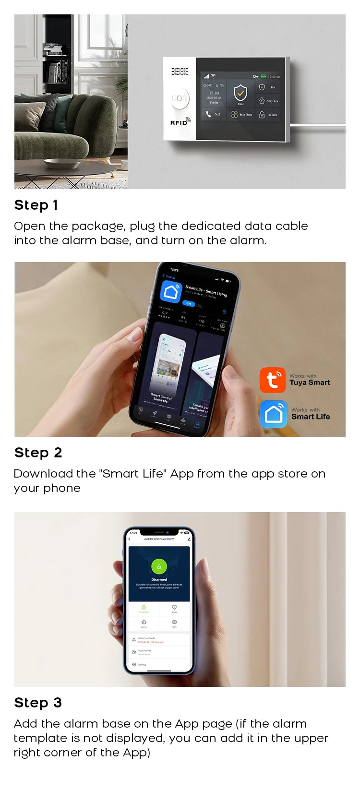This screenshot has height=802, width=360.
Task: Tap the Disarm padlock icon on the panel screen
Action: (x=262, y=115)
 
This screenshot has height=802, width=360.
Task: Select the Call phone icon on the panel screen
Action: (x=208, y=114)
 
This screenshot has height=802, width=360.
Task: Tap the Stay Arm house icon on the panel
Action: (x=262, y=101)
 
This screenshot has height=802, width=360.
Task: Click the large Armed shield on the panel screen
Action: (x=240, y=92)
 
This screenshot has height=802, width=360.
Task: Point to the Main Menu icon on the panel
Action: (x=234, y=115)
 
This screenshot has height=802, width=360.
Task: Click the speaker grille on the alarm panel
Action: (x=180, y=72)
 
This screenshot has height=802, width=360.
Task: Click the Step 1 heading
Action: (x=36, y=205)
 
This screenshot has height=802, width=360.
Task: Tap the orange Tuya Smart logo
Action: (x=273, y=380)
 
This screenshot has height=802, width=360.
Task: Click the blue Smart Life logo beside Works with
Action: (x=274, y=414)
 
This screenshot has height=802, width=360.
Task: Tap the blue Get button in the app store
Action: (x=189, y=303)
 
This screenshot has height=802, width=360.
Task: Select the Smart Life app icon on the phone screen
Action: (x=171, y=291)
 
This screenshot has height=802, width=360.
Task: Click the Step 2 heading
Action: (x=38, y=453)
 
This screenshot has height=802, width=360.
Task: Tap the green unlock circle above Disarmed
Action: (x=159, y=566)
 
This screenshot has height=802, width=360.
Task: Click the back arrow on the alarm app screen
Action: (x=129, y=539)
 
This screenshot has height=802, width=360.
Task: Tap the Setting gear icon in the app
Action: (x=134, y=664)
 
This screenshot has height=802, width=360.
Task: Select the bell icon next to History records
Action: (x=134, y=640)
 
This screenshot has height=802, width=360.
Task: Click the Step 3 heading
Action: (x=38, y=703)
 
